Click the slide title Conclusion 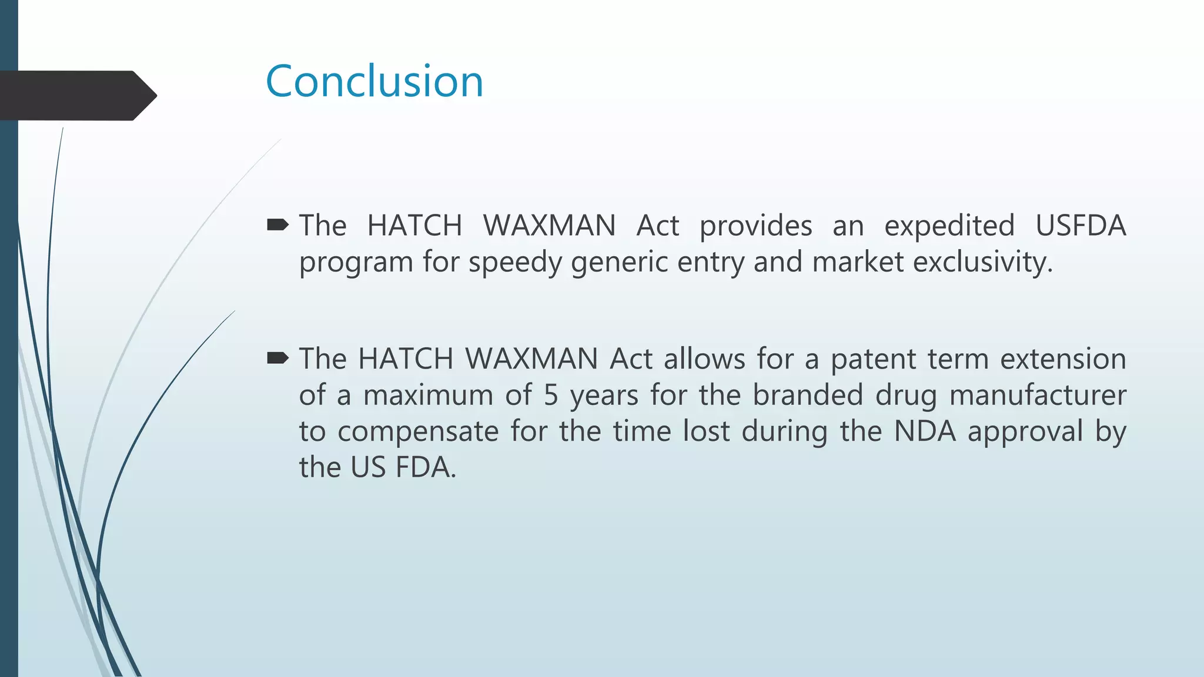[x=374, y=81]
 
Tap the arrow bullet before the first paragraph [x=277, y=224]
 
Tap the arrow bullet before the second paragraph [x=277, y=358]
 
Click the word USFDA [x=1081, y=226]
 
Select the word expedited [x=949, y=226]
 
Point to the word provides [x=755, y=226]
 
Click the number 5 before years [x=550, y=395]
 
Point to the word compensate [x=418, y=431]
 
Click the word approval [x=1025, y=431]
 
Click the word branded [x=808, y=395]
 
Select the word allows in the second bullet [x=704, y=359]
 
